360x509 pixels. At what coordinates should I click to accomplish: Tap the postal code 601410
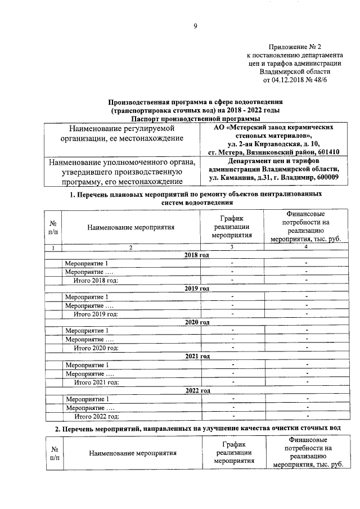[x=326, y=152]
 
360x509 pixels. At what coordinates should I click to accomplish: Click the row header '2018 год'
[x=196, y=255]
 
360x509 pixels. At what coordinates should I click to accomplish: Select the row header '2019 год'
[x=196, y=288]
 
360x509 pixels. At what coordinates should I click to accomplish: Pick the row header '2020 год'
[x=196, y=322]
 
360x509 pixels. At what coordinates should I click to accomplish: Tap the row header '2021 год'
[x=196, y=356]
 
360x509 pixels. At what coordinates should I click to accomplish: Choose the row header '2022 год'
[x=196, y=390]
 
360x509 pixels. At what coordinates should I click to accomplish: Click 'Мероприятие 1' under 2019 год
[x=86, y=297]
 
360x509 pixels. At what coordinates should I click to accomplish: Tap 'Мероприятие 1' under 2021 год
[x=86, y=365]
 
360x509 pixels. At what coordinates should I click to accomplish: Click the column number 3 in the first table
[x=231, y=247]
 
